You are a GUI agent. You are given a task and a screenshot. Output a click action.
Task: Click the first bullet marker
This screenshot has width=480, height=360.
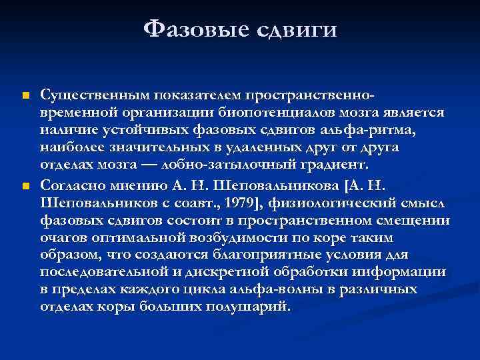click(x=25, y=97)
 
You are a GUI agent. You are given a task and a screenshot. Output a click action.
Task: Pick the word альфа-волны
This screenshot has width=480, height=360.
click(x=254, y=289)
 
